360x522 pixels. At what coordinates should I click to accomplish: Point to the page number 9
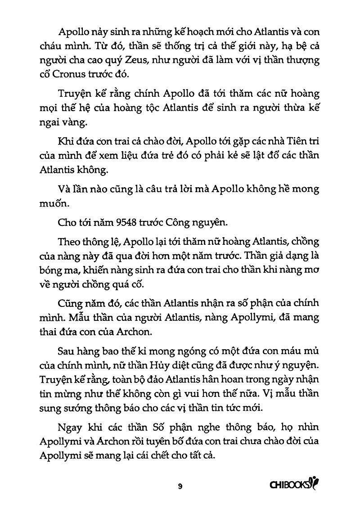180,486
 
